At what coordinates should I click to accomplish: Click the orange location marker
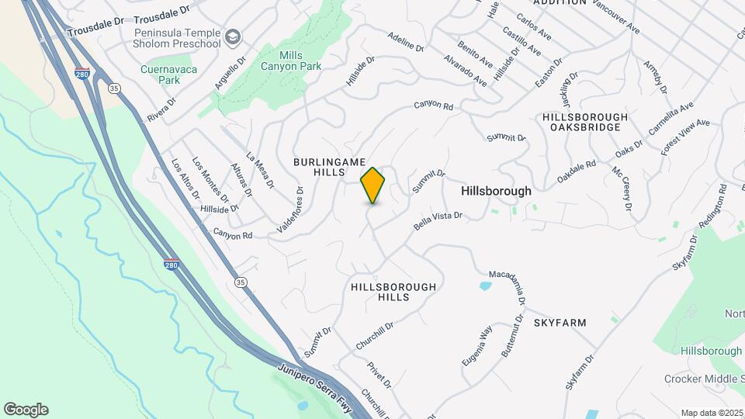[373, 185]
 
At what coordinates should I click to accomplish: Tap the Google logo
[26, 409]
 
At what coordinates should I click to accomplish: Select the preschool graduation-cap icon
[233, 37]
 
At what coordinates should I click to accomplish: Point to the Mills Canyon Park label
[300, 61]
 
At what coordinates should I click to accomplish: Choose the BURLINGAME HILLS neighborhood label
[318, 166]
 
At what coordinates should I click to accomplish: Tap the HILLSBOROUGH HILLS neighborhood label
[393, 292]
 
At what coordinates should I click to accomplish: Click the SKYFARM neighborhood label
[560, 322]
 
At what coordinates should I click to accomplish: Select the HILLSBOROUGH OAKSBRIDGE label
[582, 121]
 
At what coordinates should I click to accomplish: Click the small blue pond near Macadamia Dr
[485, 286]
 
